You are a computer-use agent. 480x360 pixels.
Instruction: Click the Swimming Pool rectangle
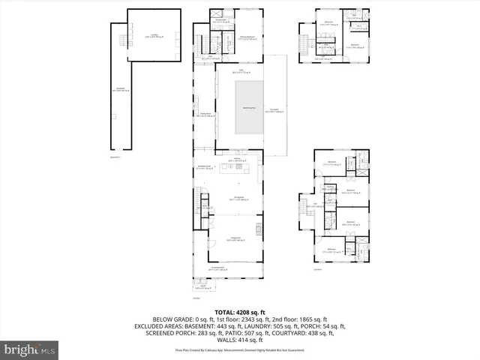pyautogui.click(x=250, y=109)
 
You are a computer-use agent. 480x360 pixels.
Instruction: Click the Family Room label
pyautogui.click(x=203, y=115)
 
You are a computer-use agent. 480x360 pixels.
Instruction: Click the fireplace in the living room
pyautogui.click(x=260, y=228)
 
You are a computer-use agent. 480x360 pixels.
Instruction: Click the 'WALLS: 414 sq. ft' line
pyautogui.click(x=240, y=340)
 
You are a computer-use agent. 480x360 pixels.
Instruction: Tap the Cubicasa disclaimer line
pyautogui.click(x=240, y=350)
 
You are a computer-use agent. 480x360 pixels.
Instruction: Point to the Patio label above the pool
pyautogui.click(x=241, y=71)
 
